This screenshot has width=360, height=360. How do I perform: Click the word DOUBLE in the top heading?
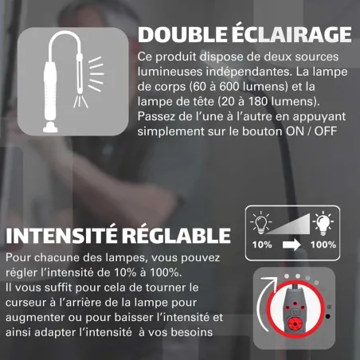(182, 35)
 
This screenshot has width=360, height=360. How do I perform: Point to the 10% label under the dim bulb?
(262, 245)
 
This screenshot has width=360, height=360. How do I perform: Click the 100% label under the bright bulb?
(323, 245)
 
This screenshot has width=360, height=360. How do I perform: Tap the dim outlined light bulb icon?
(261, 222)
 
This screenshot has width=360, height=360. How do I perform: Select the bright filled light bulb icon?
(323, 223)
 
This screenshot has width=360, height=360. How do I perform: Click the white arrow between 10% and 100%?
(292, 245)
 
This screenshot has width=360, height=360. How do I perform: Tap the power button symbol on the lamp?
(295, 311)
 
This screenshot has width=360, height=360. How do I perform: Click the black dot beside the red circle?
(328, 316)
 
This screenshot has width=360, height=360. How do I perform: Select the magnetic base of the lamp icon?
(50, 127)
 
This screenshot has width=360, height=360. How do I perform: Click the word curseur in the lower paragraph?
(25, 303)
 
